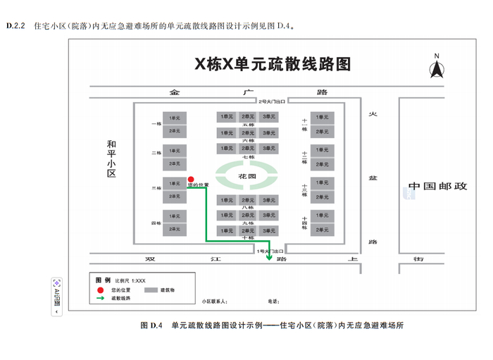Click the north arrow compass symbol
(437, 67)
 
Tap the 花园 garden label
(247, 175)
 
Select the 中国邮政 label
(438, 187)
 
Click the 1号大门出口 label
(270, 250)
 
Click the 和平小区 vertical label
(110, 158)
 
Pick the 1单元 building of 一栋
(174, 116)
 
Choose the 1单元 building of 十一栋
(322, 116)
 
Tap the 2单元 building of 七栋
(248, 149)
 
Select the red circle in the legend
(100, 290)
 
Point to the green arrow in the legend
(100, 298)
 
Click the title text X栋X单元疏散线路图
(273, 64)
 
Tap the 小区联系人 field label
(213, 302)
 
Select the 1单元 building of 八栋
(227, 199)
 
